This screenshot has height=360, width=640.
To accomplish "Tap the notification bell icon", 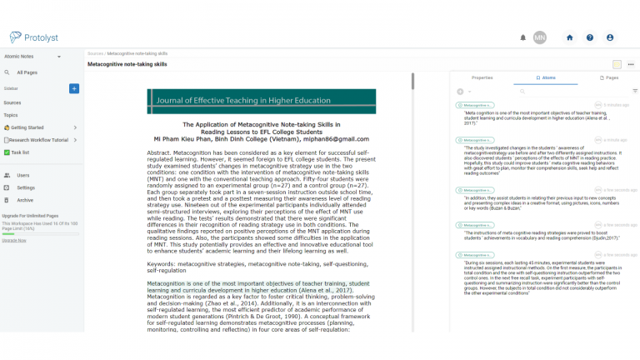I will point(523,37).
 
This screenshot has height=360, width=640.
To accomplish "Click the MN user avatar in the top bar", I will point(540,37).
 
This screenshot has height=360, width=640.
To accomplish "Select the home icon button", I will point(570,37).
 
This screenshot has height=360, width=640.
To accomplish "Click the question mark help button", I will point(590,37).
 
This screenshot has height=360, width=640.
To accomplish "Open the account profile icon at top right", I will point(610,37).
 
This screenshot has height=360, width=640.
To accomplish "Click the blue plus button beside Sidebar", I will point(74,87).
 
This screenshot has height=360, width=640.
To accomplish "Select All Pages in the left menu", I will point(27,72).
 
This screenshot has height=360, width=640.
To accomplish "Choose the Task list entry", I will point(20,152).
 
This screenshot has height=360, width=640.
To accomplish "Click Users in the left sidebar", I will point(22,175).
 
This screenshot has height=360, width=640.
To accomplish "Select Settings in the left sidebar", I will point(26,187).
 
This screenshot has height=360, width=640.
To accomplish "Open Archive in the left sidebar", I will point(25,200).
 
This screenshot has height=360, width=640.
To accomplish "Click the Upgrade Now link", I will point(14,240).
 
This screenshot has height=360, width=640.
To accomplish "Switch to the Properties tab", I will point(482,77).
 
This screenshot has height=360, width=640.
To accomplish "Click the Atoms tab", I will point(545,77).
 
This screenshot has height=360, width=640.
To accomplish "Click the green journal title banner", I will point(262,102).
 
